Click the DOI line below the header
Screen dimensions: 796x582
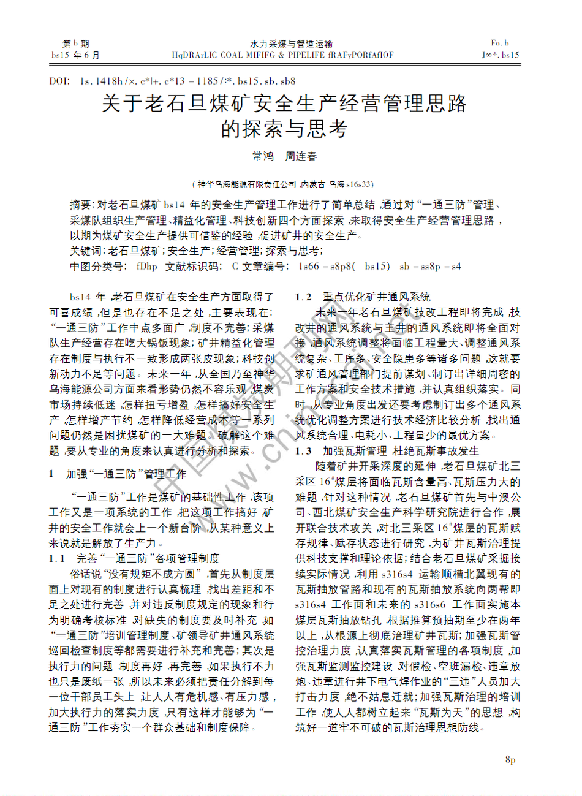(x=172, y=81)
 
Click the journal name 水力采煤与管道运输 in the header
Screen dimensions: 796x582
(x=291, y=44)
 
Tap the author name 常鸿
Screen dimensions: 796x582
(x=263, y=157)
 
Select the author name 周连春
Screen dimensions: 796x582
(x=301, y=157)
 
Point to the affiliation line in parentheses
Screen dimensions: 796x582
(x=282, y=184)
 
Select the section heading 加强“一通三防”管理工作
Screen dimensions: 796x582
(x=126, y=474)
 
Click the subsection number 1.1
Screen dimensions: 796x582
(x=57, y=558)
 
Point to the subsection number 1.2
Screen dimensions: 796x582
(x=303, y=297)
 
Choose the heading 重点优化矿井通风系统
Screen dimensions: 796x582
(x=377, y=297)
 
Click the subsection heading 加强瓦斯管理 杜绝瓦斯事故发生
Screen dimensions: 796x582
(x=401, y=451)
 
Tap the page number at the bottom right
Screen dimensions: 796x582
(x=510, y=760)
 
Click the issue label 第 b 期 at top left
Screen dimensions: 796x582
(x=76, y=44)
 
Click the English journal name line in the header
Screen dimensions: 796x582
(x=283, y=55)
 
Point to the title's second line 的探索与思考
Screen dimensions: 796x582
(x=284, y=129)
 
